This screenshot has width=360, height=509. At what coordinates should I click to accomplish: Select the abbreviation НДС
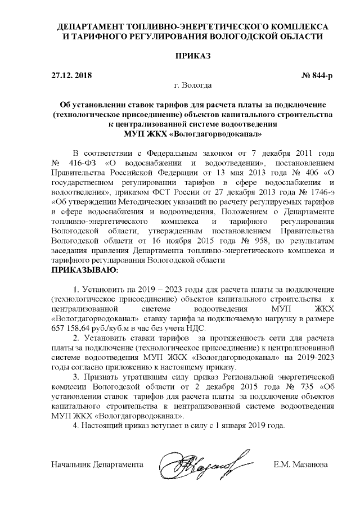point(195,328)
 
